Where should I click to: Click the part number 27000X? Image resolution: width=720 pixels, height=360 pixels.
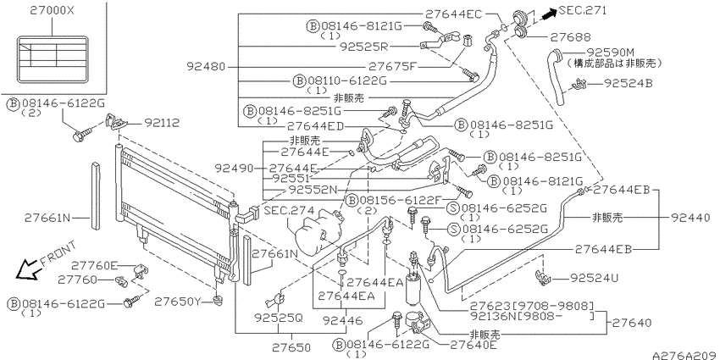[x=52, y=10]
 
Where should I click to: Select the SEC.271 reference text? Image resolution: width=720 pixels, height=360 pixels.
[x=583, y=10]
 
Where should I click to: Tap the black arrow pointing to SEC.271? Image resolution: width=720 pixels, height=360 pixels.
[x=548, y=14]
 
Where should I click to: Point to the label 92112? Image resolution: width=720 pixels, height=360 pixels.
[x=162, y=123]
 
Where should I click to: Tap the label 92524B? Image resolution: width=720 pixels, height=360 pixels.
[x=629, y=83]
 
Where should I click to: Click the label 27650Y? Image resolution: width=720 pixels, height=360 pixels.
[x=177, y=302]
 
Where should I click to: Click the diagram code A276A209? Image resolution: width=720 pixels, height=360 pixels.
[x=685, y=356]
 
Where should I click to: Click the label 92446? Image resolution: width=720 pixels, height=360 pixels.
[x=341, y=319]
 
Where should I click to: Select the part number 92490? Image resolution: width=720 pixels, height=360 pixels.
[x=234, y=169]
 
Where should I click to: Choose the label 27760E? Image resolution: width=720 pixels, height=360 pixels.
[x=95, y=265]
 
